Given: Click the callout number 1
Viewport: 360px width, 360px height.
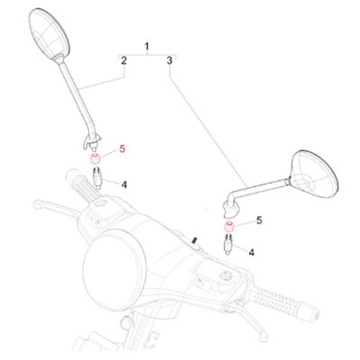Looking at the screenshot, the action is coord(147,47).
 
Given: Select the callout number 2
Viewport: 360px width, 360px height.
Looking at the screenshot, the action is coord(123,60).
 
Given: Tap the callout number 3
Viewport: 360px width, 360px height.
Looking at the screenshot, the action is coord(169,60).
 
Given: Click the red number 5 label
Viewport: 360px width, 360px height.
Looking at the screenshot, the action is coord(122,148).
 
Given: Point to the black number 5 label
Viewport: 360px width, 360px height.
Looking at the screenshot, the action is coord(259,220).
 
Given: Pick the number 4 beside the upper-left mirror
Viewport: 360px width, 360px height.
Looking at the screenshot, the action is coord(124,184).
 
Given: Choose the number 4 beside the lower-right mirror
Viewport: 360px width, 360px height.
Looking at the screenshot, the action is coord(251,252).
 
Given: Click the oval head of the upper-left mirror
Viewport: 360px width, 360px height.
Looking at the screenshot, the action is coord(49,33).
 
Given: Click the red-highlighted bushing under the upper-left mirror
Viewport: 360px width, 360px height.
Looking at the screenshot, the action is coord(95,158).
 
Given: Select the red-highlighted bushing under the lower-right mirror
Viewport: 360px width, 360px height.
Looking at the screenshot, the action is coord(229,227).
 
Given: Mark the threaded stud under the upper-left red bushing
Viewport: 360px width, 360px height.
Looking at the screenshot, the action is coord(97,177).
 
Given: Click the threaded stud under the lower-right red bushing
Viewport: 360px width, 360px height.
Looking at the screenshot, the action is coord(228,245).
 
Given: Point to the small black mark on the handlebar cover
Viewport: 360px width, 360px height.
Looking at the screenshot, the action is coord(194,240).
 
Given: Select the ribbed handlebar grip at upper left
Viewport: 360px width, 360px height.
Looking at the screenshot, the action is coord(84,185).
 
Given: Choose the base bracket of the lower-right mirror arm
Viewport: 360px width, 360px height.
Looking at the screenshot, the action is coord(230,209).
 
